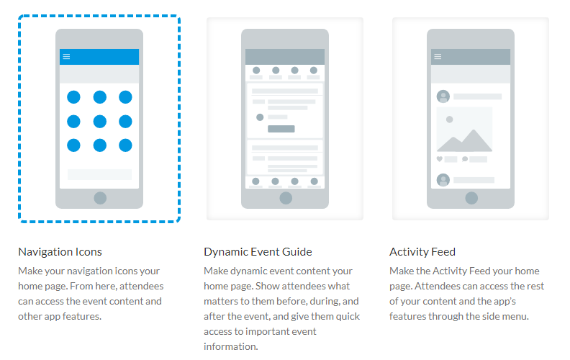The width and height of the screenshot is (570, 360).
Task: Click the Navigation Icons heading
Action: pos(60,251)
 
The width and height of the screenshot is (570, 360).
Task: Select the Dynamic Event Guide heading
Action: pos(258,251)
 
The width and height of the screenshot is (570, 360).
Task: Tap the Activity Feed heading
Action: pos(422,251)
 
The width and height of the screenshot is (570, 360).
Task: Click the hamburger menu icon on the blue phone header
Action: pos(66,56)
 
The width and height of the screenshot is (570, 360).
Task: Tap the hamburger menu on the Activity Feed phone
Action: pos(438,56)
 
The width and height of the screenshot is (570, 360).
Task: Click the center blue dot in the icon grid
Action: pos(99,122)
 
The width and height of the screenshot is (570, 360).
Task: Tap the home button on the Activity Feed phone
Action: pos(471,198)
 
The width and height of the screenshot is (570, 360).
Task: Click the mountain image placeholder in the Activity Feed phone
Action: pos(465,130)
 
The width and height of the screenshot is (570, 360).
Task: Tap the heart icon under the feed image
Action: pos(440,159)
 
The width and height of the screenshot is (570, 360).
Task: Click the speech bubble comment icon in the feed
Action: pos(465,159)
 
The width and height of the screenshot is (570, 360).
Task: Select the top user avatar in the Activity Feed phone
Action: pos(443,96)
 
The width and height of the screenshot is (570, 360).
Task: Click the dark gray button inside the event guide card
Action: pos(281,129)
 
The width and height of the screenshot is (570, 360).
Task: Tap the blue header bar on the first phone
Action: pos(99,57)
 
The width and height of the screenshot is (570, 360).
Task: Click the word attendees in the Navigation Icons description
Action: pos(141,286)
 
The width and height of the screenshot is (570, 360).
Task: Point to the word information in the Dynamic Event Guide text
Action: pos(231,346)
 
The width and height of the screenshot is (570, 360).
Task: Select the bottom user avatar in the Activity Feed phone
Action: pos(443,180)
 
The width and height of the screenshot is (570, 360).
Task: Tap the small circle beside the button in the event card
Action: pos(260,117)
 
